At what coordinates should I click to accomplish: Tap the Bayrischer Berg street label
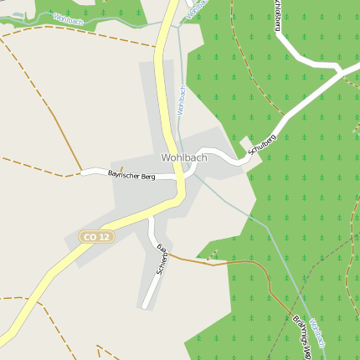tap(131, 175)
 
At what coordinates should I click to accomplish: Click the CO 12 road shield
tap(95, 237)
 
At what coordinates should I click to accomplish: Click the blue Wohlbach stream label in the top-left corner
tap(68, 17)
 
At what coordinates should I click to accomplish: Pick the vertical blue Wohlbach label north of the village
tap(180, 99)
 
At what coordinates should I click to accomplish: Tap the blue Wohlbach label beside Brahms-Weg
tap(316, 334)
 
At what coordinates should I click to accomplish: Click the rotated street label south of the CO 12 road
tap(162, 259)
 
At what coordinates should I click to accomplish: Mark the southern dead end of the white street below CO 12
tap(145, 306)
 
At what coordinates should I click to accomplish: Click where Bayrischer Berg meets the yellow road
tap(180, 177)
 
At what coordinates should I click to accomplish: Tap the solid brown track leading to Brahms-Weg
tap(226, 265)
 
